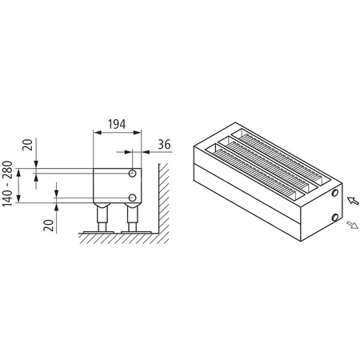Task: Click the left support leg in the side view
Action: click(x=103, y=218)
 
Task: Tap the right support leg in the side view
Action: click(x=132, y=218)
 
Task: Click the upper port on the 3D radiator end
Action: click(x=333, y=193)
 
